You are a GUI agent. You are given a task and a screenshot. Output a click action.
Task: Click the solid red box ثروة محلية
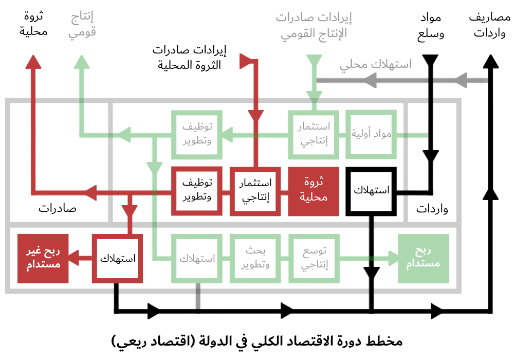coord(314,191)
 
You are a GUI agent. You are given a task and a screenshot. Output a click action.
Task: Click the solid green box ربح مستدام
coord(424,258)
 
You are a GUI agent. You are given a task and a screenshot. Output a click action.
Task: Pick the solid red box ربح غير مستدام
coord(43,258)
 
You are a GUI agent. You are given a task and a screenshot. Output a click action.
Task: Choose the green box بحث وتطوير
coord(255,258)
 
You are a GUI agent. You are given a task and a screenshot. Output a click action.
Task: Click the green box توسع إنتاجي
coord(314,258)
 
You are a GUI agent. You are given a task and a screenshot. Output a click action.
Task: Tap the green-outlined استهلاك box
coord(196,258)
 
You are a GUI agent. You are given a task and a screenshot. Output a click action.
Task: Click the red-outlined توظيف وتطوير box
coord(196,191)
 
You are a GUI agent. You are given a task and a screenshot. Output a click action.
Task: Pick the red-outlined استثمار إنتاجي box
coord(255,191)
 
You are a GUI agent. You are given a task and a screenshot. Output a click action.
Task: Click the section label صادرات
coord(57,209)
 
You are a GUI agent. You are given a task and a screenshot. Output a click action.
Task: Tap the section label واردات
coord(432,209)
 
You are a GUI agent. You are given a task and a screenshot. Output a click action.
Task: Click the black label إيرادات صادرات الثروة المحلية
coord(191,58)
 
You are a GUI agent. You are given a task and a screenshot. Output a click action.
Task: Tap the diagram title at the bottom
coord(256,341)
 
